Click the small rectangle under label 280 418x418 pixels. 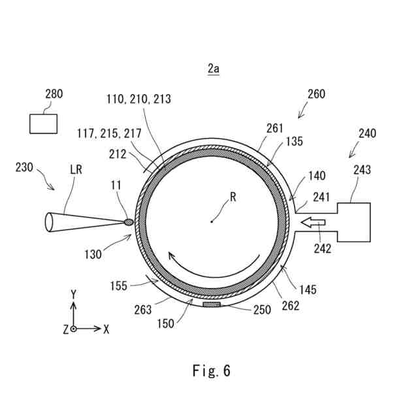click(x=43, y=123)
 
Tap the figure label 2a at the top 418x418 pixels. click(x=213, y=68)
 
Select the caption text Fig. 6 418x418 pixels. click(x=211, y=371)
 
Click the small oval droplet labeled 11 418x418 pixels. click(x=129, y=222)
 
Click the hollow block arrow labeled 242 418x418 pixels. click(x=314, y=223)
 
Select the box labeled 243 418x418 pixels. click(x=353, y=223)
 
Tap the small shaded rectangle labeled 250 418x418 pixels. click(x=213, y=305)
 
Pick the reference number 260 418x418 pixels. click(x=316, y=94)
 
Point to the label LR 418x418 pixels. click(x=76, y=169)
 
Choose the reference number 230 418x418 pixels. click(x=25, y=168)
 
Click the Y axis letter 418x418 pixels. click(x=74, y=294)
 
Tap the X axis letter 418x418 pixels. click(x=106, y=329)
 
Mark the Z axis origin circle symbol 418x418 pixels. click(x=74, y=329)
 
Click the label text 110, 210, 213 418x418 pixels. click(x=138, y=99)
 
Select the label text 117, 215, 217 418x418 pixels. click(x=108, y=133)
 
